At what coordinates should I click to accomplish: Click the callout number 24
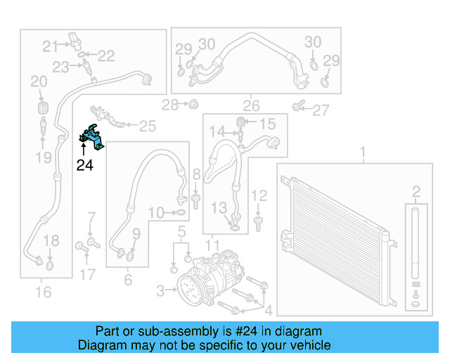84,166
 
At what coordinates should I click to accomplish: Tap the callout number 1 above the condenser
364,153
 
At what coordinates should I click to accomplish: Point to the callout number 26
251,107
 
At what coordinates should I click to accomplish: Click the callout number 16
43,290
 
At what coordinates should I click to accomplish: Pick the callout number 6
127,279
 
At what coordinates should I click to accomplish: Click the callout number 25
146,126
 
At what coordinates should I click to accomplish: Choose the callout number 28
170,105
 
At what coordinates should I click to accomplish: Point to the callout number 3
160,290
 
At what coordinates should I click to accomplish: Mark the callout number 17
87,274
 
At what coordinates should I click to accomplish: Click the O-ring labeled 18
49,266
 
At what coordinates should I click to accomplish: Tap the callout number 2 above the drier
416,191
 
